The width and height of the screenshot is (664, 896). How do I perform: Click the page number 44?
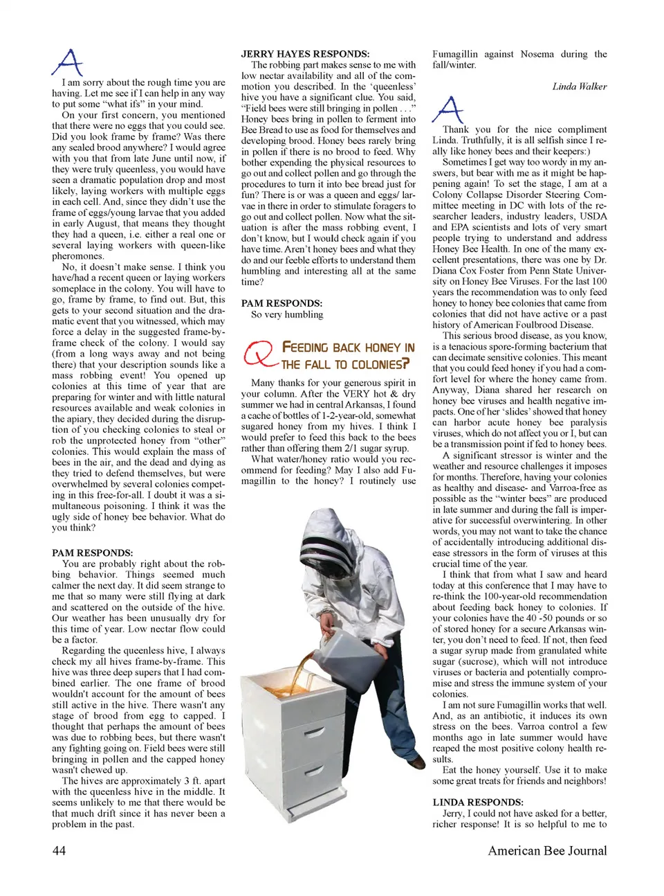[59, 850]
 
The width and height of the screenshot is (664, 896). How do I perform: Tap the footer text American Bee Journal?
[547, 850]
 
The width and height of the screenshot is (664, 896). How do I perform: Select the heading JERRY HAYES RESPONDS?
[305, 53]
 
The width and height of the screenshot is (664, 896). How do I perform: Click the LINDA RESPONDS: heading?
[477, 803]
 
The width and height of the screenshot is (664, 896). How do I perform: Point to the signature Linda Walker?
[580, 87]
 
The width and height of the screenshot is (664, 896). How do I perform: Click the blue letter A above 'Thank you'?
[448, 109]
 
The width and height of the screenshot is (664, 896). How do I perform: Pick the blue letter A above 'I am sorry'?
[67, 63]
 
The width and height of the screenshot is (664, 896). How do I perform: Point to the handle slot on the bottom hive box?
[315, 770]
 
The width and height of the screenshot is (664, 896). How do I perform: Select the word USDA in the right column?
[593, 216]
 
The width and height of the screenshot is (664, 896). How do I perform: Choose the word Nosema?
[537, 53]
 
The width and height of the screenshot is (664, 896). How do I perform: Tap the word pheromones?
[77, 256]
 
